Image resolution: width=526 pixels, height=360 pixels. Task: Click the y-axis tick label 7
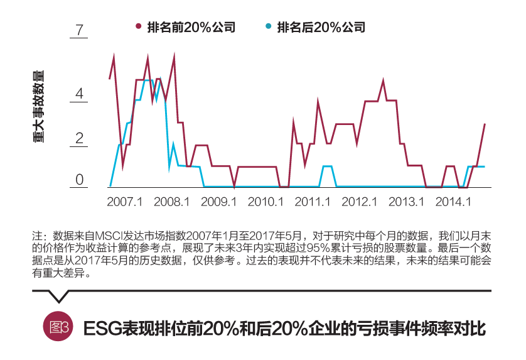coord(80,30)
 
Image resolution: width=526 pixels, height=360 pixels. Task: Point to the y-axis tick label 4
coord(80,94)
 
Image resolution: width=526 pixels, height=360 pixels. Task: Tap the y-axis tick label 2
coord(80,138)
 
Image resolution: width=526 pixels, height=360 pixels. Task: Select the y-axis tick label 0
coord(80,180)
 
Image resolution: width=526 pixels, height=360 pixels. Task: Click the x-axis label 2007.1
coord(125,202)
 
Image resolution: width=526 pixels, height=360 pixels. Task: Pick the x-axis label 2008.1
coord(171,202)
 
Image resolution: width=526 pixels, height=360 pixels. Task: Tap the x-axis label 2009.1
coord(218,202)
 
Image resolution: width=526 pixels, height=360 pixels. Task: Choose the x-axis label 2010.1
coord(266,202)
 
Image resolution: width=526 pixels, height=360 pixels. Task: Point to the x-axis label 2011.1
coord(313,202)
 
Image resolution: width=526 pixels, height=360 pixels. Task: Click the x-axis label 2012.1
coord(360,202)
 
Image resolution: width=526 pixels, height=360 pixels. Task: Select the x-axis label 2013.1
coord(407,202)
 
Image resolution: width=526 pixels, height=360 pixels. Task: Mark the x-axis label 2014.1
coord(453,202)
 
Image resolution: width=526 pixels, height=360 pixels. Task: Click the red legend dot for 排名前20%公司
coord(138,27)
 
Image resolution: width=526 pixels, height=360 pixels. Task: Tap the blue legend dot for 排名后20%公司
coord(269,27)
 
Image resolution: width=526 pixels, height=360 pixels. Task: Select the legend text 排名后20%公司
coord(321,27)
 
